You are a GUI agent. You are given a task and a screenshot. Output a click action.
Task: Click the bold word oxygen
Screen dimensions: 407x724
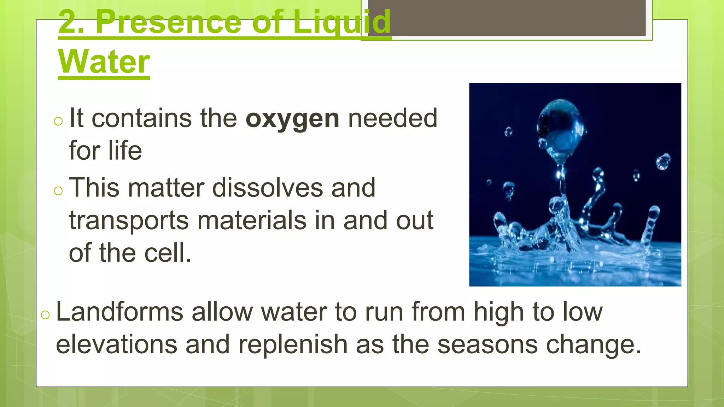(x=292, y=119)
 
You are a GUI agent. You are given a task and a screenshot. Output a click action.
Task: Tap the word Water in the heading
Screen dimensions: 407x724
(x=104, y=61)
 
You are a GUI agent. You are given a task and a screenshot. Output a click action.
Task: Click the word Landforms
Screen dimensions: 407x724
(x=119, y=312)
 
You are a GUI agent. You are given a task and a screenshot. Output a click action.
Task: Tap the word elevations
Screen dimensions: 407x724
(x=117, y=344)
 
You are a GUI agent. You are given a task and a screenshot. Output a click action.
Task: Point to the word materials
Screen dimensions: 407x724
(x=252, y=220)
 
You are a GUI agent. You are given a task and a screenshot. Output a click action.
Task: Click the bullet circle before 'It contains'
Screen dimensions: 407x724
(x=58, y=122)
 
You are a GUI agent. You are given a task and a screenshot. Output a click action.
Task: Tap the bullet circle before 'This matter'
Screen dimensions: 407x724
(x=58, y=191)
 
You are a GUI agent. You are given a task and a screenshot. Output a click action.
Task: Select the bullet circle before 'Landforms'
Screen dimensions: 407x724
(x=45, y=315)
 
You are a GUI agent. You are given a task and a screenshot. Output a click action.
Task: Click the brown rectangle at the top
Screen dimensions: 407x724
(x=507, y=18)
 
